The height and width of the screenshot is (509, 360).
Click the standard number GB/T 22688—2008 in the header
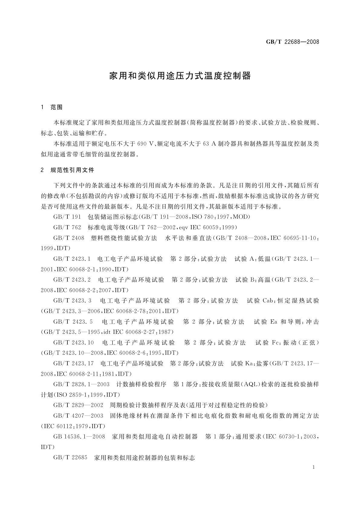pyautogui.click(x=292, y=42)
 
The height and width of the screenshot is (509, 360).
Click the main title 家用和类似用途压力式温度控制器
pyautogui.click(x=180, y=76)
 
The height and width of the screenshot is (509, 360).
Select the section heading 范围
pyautogui.click(x=57, y=107)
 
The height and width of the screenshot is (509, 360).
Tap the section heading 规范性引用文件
pyautogui.click(x=72, y=170)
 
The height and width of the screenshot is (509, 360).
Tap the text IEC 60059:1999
pyautogui.click(x=214, y=227)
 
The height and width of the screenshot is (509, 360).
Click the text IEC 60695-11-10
pyautogui.click(x=294, y=238)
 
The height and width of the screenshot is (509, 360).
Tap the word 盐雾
pyautogui.click(x=262, y=364)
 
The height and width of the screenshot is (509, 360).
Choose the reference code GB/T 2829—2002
pyautogui.click(x=78, y=405)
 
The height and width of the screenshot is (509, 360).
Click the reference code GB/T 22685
pyautogui.click(x=70, y=458)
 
